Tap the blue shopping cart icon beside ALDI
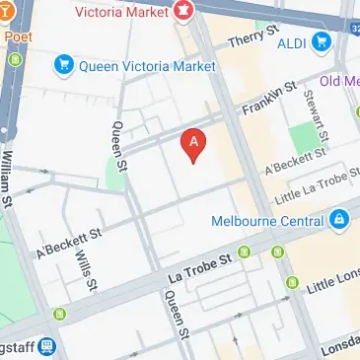322,42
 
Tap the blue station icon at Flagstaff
46,348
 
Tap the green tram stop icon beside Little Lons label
292,285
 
